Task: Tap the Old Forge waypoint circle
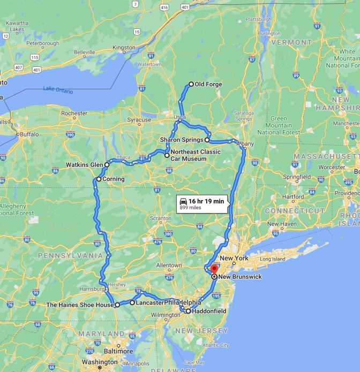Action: click(x=191, y=84)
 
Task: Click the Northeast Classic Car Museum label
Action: click(x=196, y=155)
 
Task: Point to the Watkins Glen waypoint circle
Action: click(x=107, y=165)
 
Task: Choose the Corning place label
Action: click(x=113, y=179)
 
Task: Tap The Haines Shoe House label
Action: click(x=80, y=305)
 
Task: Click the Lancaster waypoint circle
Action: click(x=132, y=302)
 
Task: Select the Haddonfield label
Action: click(x=209, y=311)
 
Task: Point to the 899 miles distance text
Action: click(x=190, y=208)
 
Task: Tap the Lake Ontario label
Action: click(x=58, y=89)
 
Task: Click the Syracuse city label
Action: click(x=139, y=120)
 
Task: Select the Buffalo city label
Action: click(x=29, y=134)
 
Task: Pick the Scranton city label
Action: click(x=160, y=218)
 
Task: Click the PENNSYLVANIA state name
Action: click(x=70, y=256)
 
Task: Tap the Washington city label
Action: click(x=100, y=362)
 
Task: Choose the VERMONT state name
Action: click(x=291, y=42)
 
